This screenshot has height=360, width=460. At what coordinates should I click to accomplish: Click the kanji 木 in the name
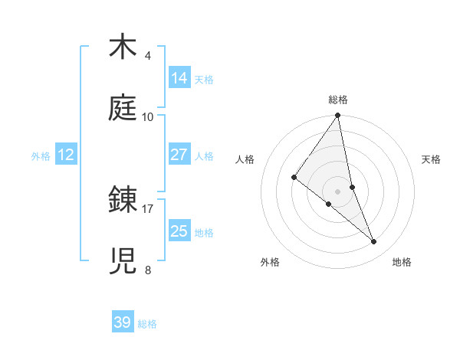pyautogui.click(x=123, y=47)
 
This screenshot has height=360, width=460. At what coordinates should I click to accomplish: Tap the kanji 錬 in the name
pyautogui.click(x=123, y=200)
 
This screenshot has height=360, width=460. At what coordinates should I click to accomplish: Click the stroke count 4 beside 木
pyautogui.click(x=147, y=56)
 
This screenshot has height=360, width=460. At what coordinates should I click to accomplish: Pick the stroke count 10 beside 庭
pyautogui.click(x=148, y=116)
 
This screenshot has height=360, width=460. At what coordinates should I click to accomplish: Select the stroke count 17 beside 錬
pyautogui.click(x=148, y=208)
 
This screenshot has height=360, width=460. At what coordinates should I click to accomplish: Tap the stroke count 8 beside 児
pyautogui.click(x=147, y=270)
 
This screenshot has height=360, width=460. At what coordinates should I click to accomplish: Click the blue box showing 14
pyautogui.click(x=179, y=78)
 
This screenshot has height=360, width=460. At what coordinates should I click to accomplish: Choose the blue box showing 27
pyautogui.click(x=179, y=155)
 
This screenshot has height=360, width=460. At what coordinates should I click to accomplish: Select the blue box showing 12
pyautogui.click(x=66, y=155)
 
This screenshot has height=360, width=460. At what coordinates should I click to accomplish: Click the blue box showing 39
pyautogui.click(x=123, y=322)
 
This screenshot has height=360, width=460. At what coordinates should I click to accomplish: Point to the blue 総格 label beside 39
pyautogui.click(x=148, y=324)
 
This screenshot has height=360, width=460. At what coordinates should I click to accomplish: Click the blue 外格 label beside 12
pyautogui.click(x=41, y=156)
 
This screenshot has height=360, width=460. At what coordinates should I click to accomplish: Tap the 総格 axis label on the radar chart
pyautogui.click(x=338, y=100)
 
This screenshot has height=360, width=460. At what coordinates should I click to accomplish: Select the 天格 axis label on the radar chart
pyautogui.click(x=431, y=159)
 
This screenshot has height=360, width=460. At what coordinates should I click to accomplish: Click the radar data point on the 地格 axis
pyautogui.click(x=374, y=241)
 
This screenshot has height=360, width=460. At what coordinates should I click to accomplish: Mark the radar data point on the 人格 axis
pyautogui.click(x=294, y=178)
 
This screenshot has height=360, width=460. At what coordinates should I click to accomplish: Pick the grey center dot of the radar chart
pyautogui.click(x=338, y=191)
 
